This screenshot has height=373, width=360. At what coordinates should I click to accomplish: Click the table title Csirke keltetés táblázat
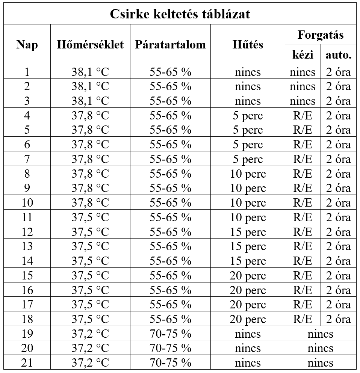(x=180, y=14)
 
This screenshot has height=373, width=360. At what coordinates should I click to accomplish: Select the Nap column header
(x=27, y=45)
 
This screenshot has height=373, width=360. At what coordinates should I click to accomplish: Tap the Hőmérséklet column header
(x=90, y=45)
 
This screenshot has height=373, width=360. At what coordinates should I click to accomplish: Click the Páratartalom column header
(x=170, y=45)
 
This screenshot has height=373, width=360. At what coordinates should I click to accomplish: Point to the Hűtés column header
(x=248, y=45)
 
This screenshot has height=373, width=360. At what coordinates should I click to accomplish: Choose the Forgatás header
(x=320, y=35)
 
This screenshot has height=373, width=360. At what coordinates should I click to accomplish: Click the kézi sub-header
(x=303, y=56)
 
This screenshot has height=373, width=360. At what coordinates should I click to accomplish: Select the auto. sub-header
(x=338, y=56)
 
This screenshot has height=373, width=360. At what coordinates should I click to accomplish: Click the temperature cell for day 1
(x=90, y=72)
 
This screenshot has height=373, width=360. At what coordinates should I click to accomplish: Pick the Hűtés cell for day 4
(x=248, y=115)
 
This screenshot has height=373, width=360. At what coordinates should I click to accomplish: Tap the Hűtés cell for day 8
(x=248, y=174)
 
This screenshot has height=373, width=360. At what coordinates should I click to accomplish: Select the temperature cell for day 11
(x=90, y=217)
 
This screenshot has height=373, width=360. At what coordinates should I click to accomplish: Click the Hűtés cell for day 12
(x=248, y=232)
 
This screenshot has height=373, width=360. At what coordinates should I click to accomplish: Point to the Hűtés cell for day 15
(x=248, y=276)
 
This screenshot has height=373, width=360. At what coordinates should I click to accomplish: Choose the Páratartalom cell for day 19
(x=170, y=334)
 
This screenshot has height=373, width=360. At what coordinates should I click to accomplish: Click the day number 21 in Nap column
(x=27, y=363)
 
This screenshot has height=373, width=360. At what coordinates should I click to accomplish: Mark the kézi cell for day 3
(x=303, y=101)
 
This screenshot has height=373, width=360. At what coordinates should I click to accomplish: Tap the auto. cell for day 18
(x=338, y=319)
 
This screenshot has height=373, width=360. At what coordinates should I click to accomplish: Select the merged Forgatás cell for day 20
(x=320, y=348)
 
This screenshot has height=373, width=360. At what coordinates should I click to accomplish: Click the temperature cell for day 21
(x=90, y=363)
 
